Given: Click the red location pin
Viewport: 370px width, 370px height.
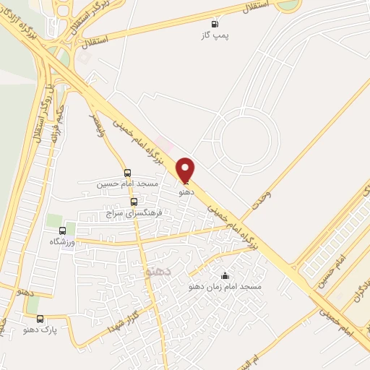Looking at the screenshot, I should click(186, 170).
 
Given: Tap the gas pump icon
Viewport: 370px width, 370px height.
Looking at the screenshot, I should click(213, 23).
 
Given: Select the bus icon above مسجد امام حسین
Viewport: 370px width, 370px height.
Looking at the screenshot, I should click(128, 173).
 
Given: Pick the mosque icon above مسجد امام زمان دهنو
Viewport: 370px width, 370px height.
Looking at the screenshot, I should click(225, 275).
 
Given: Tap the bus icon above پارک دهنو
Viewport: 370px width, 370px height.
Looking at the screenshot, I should click(40, 318).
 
